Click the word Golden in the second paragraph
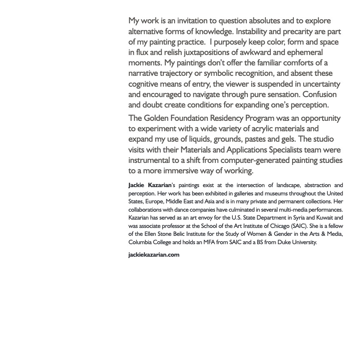click(156, 118)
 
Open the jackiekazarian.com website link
click(154, 255)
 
